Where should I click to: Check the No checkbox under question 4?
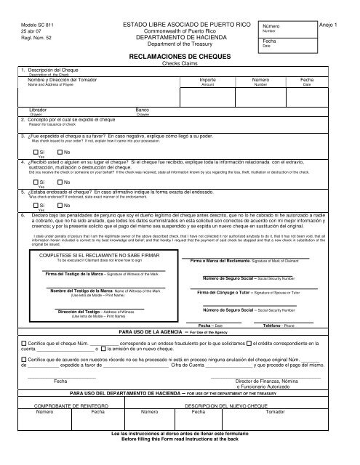click(57, 182)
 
